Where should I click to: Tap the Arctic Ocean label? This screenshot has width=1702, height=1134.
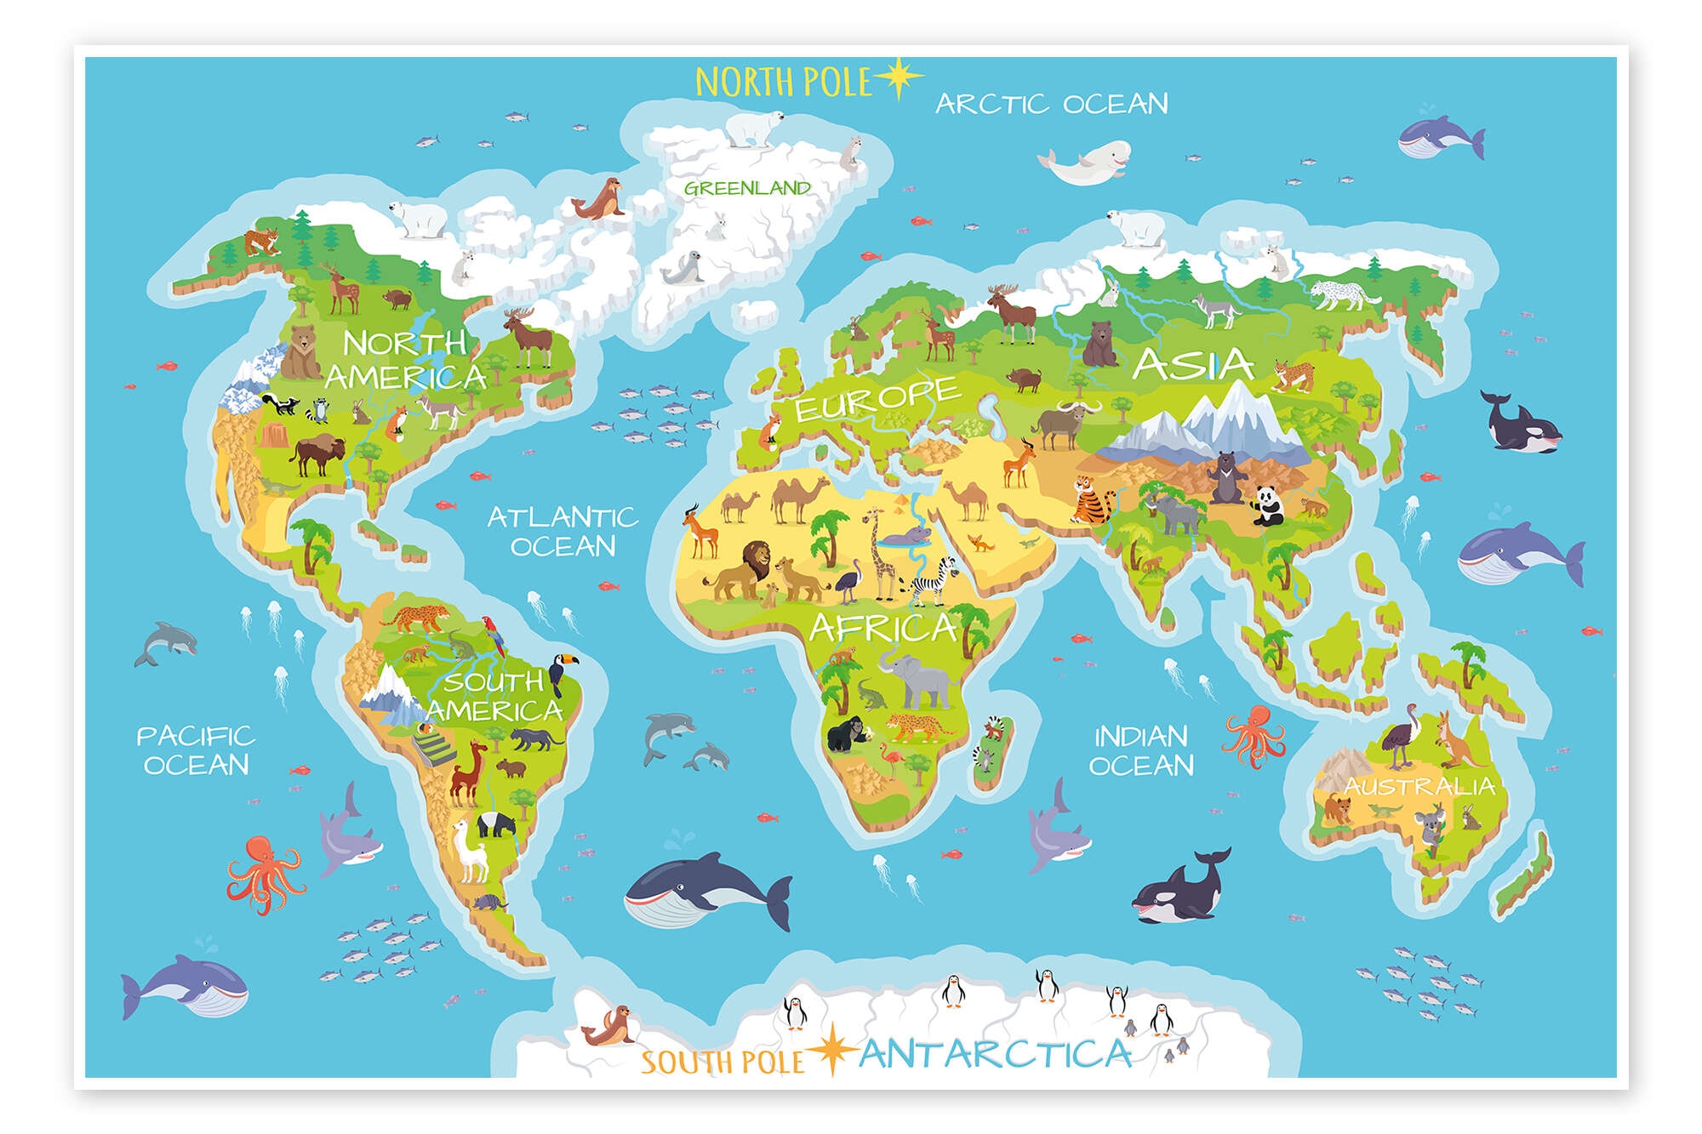(1052, 104)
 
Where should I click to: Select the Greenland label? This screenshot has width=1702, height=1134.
(747, 188)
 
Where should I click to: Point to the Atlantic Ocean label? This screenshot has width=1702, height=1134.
(563, 531)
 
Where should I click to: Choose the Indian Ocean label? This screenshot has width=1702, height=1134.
(1140, 750)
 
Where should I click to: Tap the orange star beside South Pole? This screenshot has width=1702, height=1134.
(831, 1051)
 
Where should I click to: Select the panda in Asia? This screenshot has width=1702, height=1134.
(1267, 505)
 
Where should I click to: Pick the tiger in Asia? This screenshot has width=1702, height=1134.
(1091, 500)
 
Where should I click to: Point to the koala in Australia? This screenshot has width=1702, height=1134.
(1427, 829)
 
